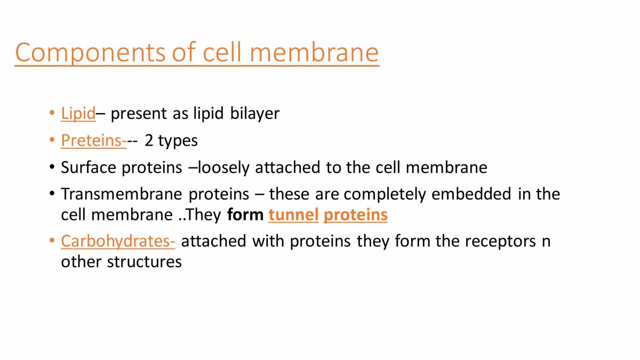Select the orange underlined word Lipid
click(x=78, y=113)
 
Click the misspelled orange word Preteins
click(x=92, y=140)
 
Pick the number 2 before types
click(x=149, y=140)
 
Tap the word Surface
click(x=89, y=167)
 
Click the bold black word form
click(x=245, y=215)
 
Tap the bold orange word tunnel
click(x=293, y=215)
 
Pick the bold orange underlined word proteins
click(x=355, y=215)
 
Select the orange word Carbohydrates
click(x=117, y=241)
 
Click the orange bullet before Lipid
click(x=51, y=113)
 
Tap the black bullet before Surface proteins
click(x=51, y=167)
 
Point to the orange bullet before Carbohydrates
click(x=51, y=241)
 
